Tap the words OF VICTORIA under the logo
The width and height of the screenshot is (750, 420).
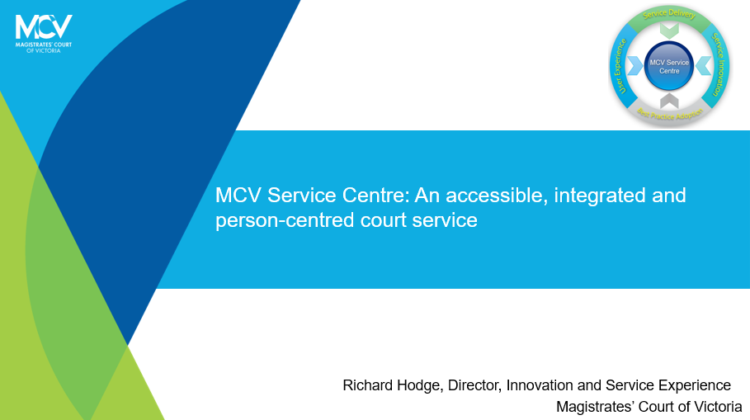[43, 50]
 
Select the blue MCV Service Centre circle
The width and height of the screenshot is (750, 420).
[669, 66]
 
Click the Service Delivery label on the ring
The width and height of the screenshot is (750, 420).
[669, 16]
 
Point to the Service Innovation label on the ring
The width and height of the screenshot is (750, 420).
[720, 65]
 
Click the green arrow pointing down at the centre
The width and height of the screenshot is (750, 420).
[669, 31]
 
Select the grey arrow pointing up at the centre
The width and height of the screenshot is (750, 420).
[669, 101]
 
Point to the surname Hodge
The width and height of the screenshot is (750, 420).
[421, 385]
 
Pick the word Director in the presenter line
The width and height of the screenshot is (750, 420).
[474, 385]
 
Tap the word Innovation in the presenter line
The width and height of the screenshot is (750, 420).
[540, 385]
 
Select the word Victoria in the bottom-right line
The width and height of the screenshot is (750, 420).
[715, 407]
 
